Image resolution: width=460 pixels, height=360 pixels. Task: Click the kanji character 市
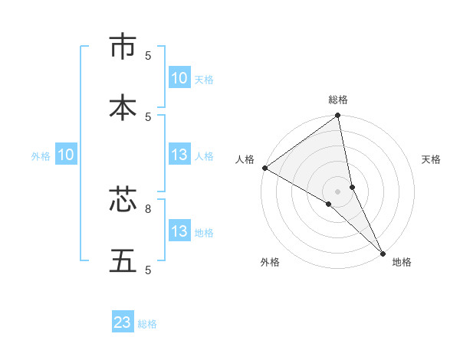click(123, 47)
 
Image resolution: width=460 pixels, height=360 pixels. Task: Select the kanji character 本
click(123, 107)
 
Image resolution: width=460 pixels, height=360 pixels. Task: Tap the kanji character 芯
click(123, 200)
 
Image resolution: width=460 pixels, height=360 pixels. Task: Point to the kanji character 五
click(123, 260)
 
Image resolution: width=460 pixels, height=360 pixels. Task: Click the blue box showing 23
click(123, 323)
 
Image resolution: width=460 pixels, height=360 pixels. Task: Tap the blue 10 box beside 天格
click(179, 78)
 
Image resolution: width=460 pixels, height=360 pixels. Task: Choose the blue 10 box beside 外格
click(66, 155)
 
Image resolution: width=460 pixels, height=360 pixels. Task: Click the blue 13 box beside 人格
click(179, 155)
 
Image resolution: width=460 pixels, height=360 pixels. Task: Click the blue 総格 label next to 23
click(147, 324)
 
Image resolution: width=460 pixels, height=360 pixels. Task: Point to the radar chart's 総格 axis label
click(338, 100)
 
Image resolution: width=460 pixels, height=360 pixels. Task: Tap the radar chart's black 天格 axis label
click(431, 159)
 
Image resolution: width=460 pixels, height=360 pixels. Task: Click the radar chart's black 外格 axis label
click(270, 262)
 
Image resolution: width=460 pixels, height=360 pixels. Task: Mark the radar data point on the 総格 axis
click(338, 116)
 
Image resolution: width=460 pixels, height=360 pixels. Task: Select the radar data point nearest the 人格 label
click(264, 168)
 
